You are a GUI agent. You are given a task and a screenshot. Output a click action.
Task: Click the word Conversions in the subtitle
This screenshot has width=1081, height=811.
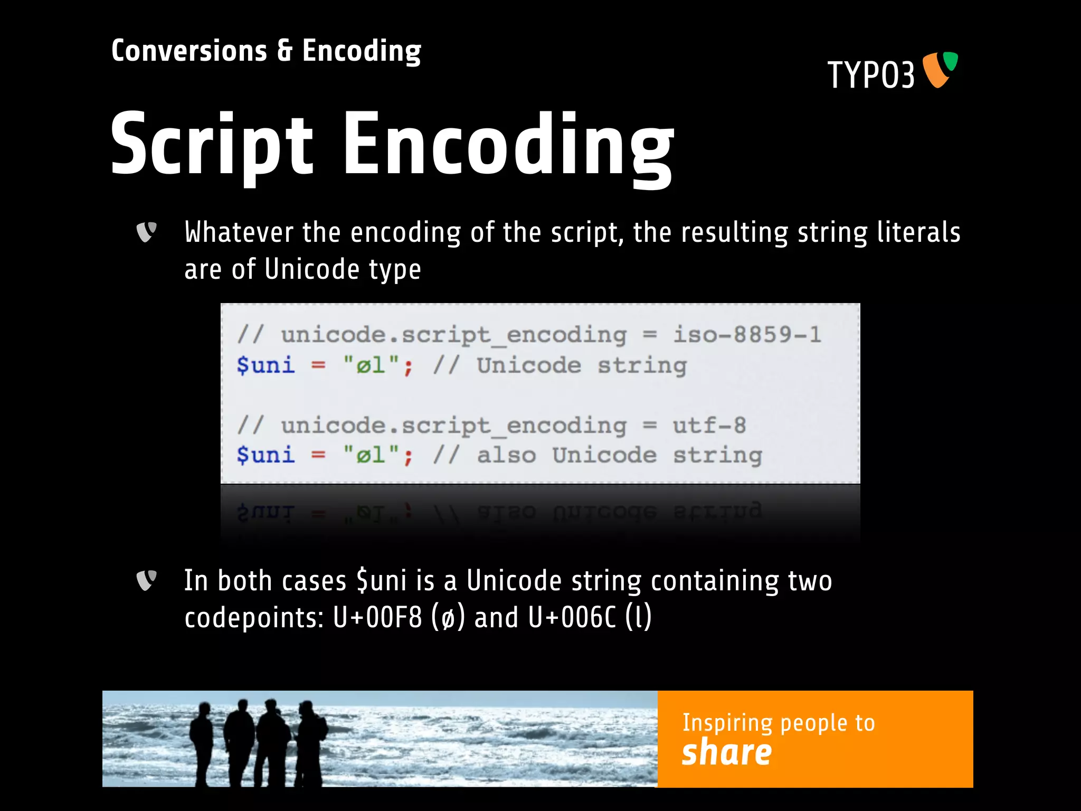[x=189, y=51]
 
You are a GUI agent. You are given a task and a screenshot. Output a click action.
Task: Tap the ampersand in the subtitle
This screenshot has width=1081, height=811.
[x=285, y=51]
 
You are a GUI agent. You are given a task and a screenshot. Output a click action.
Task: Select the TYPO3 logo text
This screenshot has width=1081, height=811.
[x=871, y=75]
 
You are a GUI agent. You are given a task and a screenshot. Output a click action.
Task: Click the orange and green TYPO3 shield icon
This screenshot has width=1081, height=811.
[x=940, y=69]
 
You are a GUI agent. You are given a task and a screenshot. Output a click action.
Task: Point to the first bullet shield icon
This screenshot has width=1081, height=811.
[x=146, y=232]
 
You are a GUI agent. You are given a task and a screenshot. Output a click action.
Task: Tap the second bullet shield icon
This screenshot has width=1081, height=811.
[x=146, y=580]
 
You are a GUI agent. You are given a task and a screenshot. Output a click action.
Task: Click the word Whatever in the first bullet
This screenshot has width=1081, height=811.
[x=239, y=232]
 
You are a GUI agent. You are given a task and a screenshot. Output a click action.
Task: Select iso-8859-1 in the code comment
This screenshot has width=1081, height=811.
[x=747, y=334]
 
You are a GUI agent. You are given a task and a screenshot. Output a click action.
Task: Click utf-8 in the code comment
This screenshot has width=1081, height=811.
[x=709, y=425]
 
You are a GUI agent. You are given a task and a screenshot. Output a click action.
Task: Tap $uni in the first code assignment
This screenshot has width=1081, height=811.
[x=265, y=365]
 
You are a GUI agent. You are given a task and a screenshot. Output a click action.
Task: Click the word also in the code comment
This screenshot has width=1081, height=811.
[x=506, y=455]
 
